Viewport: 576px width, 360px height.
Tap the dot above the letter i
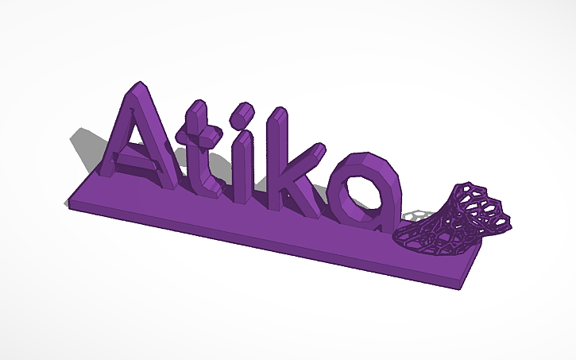[x=238, y=119]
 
